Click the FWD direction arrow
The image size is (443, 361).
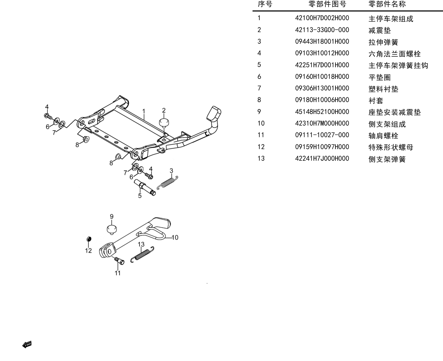pos(27,345)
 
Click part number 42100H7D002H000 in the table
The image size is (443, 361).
pos(322,18)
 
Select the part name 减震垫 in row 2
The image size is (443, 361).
pos(380,30)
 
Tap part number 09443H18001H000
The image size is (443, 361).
pos(322,41)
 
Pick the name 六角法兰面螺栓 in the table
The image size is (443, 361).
pos(395,54)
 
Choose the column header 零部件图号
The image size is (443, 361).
pos(327,4)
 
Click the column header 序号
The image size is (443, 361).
pos(265,4)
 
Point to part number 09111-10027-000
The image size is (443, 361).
pos(322,135)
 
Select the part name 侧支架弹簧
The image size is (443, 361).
pos(387,159)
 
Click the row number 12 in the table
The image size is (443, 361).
pos(261,147)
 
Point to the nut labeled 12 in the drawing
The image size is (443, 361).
pos(89,239)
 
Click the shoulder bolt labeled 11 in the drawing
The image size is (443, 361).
pos(120,260)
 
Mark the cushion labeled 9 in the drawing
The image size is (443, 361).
pos(112,229)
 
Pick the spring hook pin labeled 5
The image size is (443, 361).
pos(145,187)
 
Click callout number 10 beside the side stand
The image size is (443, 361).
pos(175,238)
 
